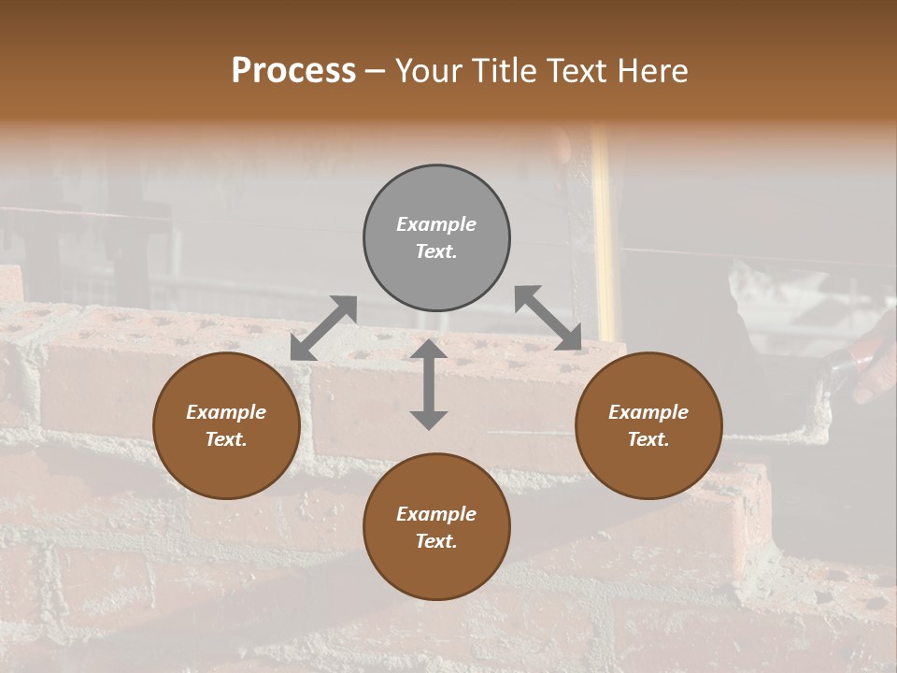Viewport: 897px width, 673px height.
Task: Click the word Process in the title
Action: pos(293,71)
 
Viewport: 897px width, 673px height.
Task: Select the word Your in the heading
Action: pos(430,71)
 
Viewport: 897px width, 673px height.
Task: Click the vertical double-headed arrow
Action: pos(428,384)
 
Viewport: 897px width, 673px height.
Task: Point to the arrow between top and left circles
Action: pos(323,327)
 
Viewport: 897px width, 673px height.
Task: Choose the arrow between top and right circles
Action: pos(548,318)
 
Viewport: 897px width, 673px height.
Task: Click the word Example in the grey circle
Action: pos(436,224)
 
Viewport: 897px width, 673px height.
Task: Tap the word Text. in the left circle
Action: pos(226,439)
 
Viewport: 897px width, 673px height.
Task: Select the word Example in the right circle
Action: pos(648,412)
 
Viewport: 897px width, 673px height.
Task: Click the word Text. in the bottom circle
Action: pos(436,541)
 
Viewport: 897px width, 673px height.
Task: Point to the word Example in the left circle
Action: pos(226,412)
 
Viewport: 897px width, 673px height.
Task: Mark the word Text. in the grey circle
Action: pos(436,251)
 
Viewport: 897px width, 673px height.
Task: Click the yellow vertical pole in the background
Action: pos(605,234)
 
